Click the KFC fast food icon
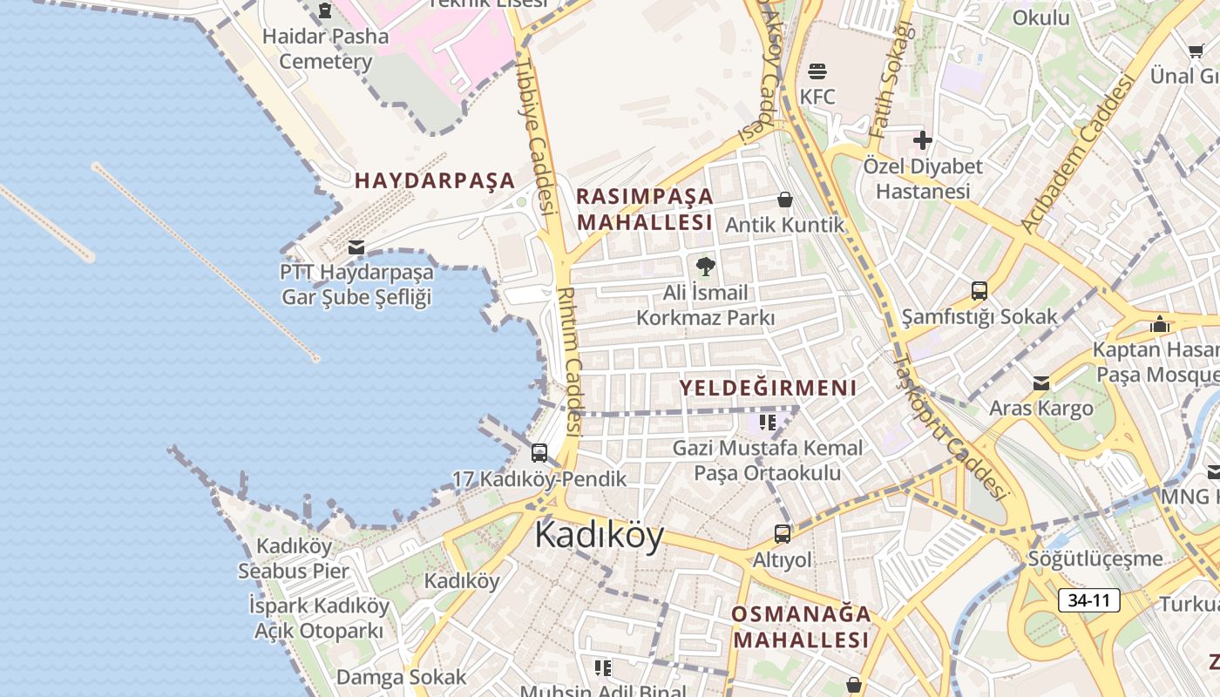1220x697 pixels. coord(817,71)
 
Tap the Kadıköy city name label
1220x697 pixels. coord(599,534)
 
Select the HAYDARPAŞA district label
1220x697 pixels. coord(435,180)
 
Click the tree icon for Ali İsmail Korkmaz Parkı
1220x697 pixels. coord(705,266)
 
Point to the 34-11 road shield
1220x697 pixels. coord(1089,600)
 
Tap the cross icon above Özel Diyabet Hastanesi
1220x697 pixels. coord(923,139)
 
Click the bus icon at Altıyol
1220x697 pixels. coord(783,534)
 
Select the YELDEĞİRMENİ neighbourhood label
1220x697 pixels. coord(768,388)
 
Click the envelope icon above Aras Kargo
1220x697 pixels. coord(1041,383)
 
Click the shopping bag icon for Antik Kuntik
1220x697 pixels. coord(785,200)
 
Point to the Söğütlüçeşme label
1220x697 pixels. coord(1095,558)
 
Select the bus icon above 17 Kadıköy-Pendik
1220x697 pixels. coord(539,453)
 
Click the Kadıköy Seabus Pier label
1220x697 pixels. coord(294,559)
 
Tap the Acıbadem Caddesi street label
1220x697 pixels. coord(1081,153)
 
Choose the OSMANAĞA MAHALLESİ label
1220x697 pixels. coord(801,626)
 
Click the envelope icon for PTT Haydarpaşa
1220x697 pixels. coord(356,247)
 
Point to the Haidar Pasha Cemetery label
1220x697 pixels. coord(325,49)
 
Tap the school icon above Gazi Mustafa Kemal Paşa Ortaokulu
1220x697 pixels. coord(768,423)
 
